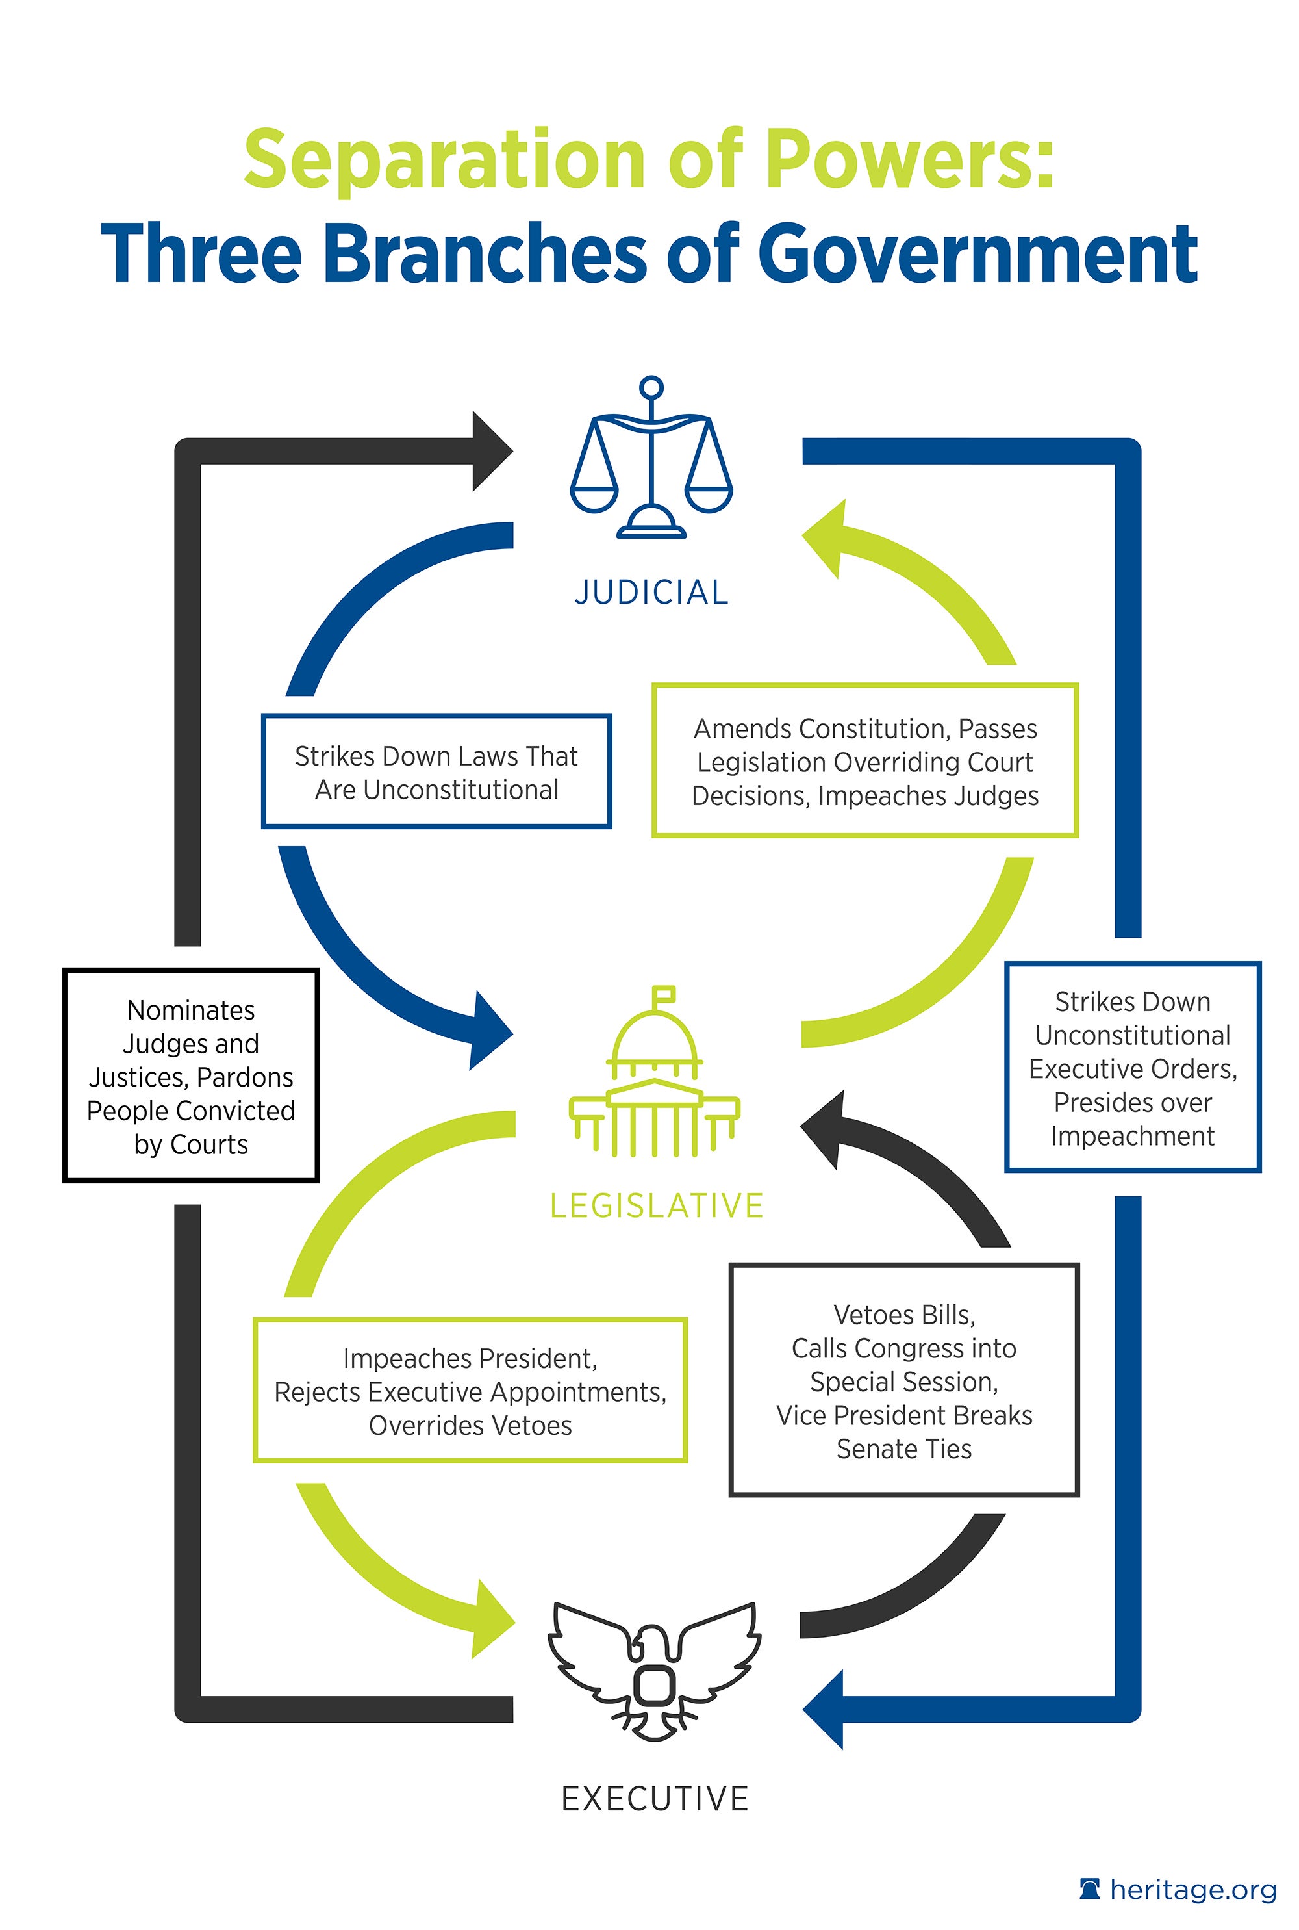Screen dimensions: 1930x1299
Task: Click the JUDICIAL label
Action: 651,593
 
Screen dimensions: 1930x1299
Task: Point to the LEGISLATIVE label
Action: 656,1205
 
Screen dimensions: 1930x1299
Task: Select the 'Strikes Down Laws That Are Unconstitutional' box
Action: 436,771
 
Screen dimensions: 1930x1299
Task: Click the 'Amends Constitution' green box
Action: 865,761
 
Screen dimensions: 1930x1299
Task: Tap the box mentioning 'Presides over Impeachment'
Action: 1133,1067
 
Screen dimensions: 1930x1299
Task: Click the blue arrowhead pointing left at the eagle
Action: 824,1709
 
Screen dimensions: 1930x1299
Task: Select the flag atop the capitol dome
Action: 664,994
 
